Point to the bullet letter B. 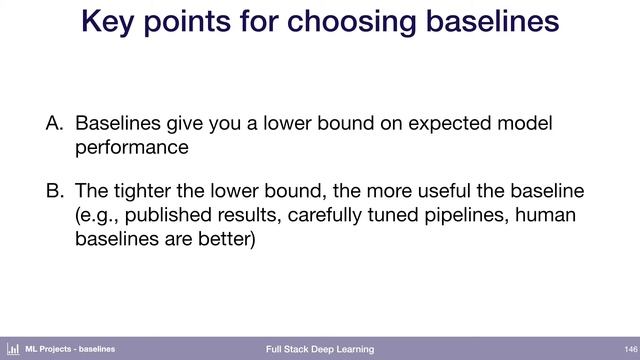coord(55,191)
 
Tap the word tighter coord(149,191)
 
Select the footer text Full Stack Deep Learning coord(320,349)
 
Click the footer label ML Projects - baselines coord(70,349)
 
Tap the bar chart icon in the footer coord(14,349)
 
